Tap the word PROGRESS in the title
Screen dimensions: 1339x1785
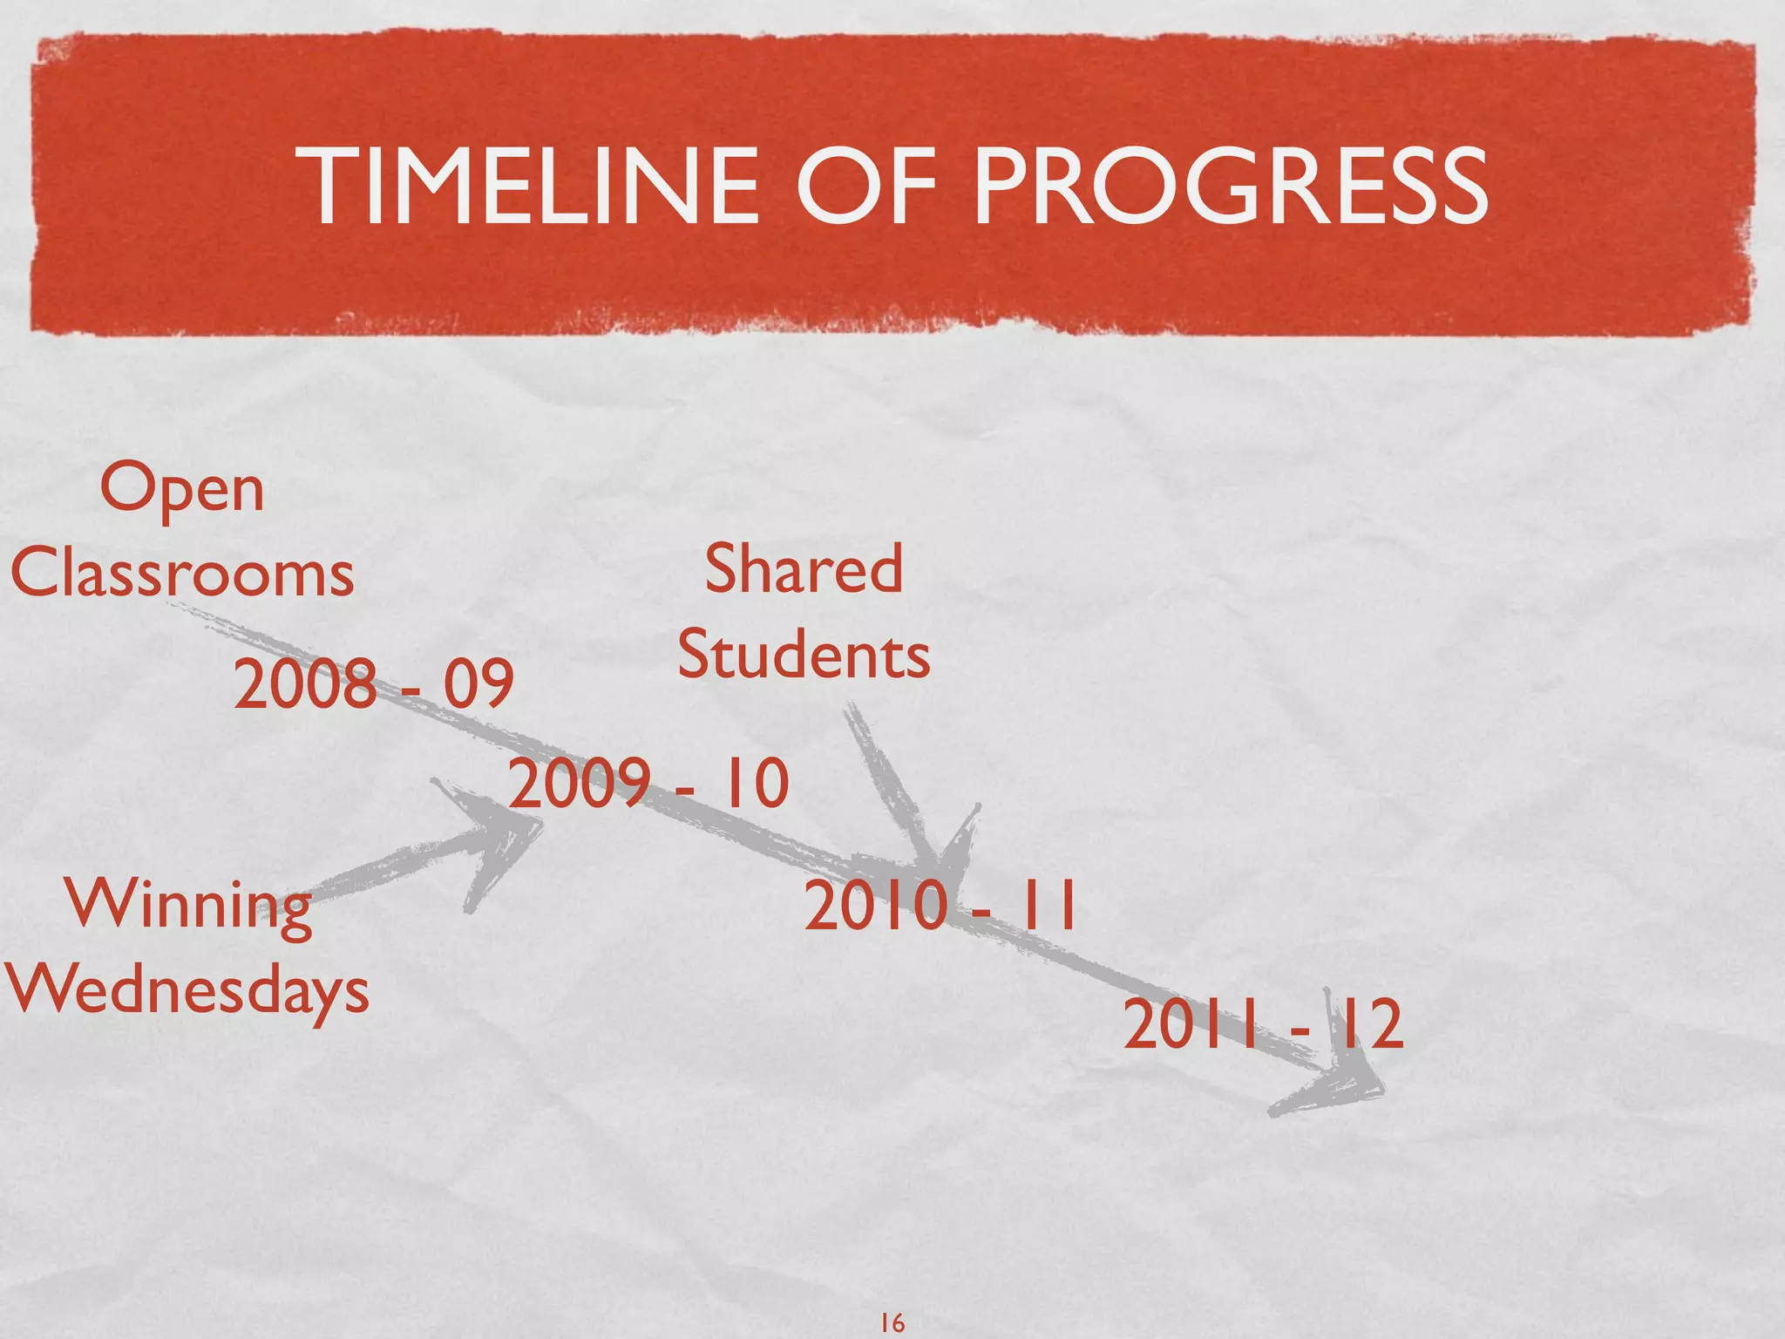(x=1230, y=186)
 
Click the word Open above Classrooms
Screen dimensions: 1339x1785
(x=182, y=491)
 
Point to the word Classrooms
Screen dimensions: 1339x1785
(x=182, y=574)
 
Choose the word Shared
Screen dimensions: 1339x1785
(x=804, y=569)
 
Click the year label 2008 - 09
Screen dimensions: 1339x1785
(x=373, y=683)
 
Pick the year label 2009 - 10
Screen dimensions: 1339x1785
(x=648, y=782)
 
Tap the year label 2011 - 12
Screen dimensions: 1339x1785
(x=1263, y=1025)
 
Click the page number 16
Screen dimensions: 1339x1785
(x=892, y=1323)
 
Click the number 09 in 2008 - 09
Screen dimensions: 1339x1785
(x=478, y=683)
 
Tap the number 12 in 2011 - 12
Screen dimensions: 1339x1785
(x=1368, y=1025)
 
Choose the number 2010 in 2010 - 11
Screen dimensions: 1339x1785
(x=875, y=907)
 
